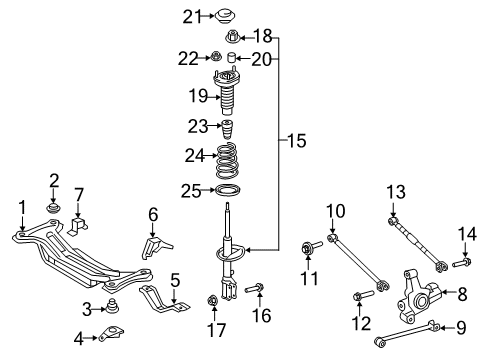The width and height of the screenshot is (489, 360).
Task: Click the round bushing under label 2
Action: point(55,209)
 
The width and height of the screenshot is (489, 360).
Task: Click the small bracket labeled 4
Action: point(111,338)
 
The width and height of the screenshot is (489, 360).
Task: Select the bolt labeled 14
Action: point(462,263)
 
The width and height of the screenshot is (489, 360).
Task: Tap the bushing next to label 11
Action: point(309,246)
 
